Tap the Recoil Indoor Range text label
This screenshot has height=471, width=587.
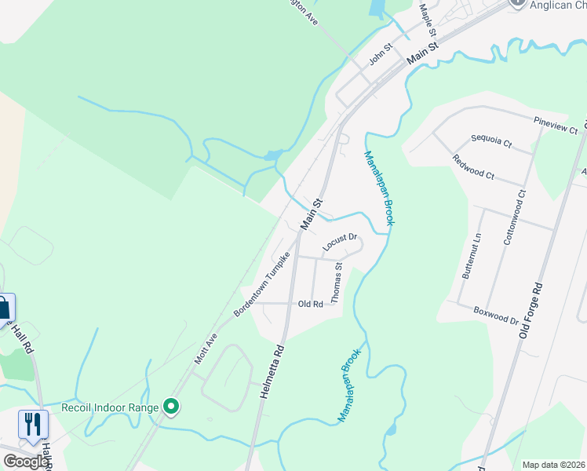(x=111, y=407)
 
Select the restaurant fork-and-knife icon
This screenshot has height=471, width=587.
(x=32, y=425)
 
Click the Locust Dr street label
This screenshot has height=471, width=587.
(x=340, y=243)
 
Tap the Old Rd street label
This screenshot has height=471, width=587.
(x=311, y=304)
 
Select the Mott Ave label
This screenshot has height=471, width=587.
(x=205, y=348)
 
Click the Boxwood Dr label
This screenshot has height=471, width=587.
(x=495, y=315)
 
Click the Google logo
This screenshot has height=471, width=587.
(x=26, y=462)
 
